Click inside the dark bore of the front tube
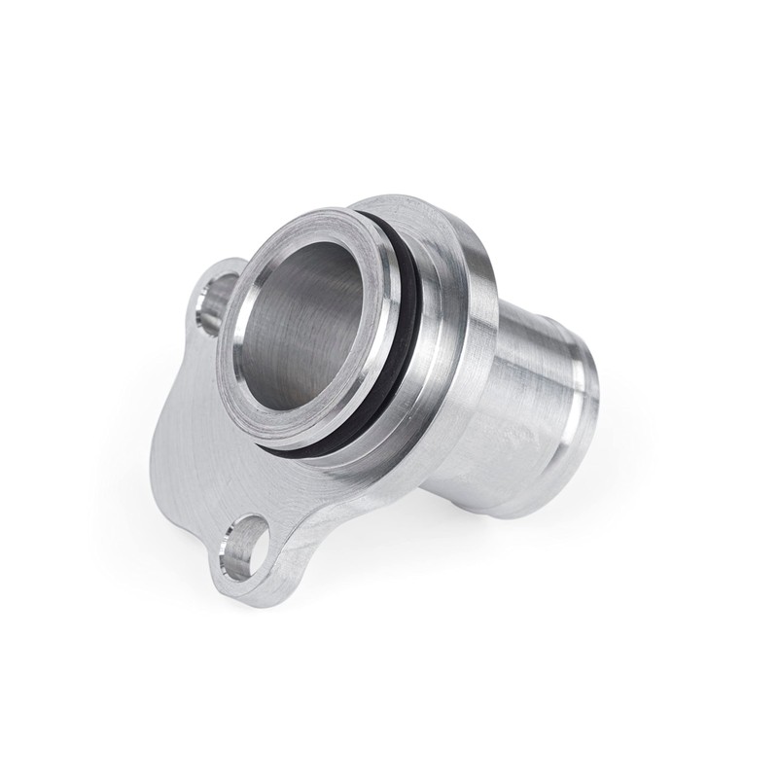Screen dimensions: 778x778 301,321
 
